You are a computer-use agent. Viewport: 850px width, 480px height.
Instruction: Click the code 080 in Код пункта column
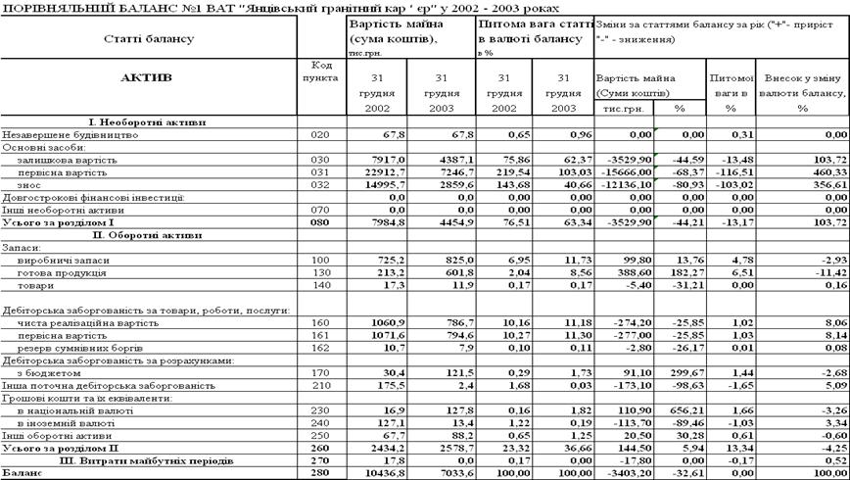point(320,222)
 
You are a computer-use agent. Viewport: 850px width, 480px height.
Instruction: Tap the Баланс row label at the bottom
point(22,474)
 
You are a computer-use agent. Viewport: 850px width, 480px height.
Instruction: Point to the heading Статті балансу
point(148,38)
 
